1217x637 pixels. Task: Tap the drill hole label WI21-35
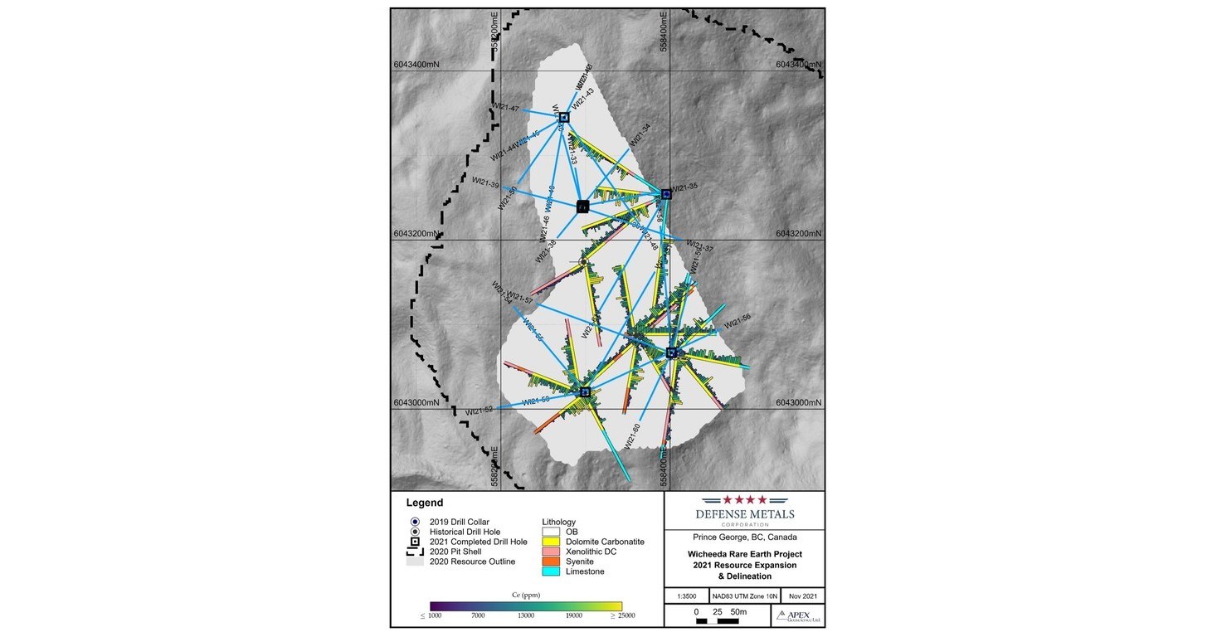tap(684, 187)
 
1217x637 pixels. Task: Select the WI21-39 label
tap(485, 182)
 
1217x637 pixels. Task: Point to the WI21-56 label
tap(737, 322)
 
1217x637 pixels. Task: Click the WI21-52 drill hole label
tap(479, 411)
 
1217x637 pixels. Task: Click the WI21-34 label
tap(640, 136)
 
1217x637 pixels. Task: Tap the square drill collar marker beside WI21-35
tap(666, 194)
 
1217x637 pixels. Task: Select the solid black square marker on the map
tap(582, 207)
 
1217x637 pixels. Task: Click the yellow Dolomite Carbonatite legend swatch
tap(550, 542)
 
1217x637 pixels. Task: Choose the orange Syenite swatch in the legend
tap(550, 562)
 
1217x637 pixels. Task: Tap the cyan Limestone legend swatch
tap(550, 571)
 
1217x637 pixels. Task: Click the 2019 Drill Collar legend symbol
tap(414, 522)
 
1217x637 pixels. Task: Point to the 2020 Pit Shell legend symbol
tap(414, 552)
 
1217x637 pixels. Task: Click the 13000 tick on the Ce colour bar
tap(526, 615)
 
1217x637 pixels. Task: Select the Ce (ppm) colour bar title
tap(526, 594)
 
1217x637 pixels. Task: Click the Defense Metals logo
tap(744, 509)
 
